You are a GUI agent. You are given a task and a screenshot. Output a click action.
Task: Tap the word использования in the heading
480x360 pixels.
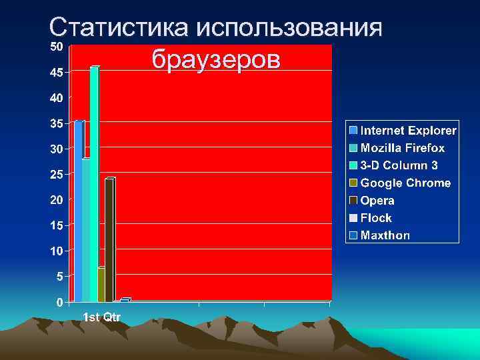point(289,28)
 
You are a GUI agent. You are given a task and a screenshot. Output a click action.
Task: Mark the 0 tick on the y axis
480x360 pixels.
point(60,302)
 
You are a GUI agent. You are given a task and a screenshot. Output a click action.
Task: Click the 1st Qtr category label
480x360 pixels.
point(101,317)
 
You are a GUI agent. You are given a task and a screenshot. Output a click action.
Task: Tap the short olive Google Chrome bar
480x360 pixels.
point(101,285)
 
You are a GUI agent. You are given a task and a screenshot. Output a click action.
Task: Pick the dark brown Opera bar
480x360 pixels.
point(109,240)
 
